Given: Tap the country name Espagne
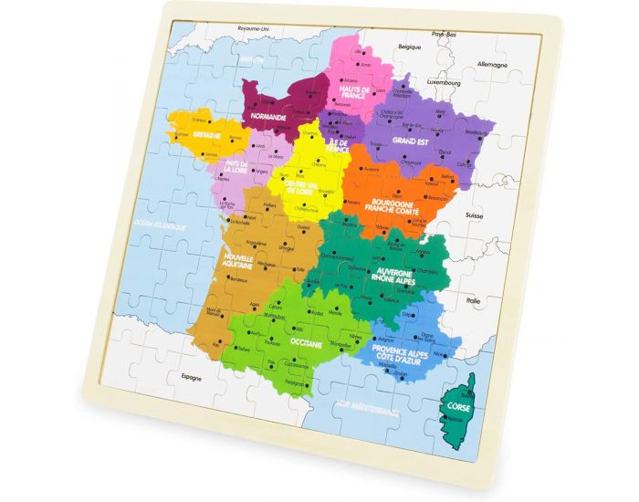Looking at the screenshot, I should pos(191,376).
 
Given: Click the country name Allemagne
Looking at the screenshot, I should pos(490,66).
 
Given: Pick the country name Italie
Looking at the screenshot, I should pos(474,299).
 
